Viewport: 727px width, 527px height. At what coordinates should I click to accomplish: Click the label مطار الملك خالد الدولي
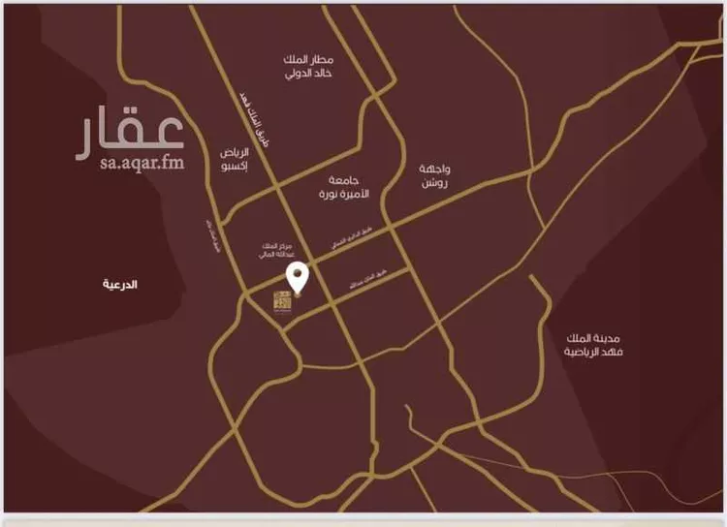[309, 66]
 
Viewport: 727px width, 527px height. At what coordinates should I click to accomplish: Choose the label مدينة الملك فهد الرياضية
[596, 344]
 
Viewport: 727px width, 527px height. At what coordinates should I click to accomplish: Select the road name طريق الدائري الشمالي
[346, 250]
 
